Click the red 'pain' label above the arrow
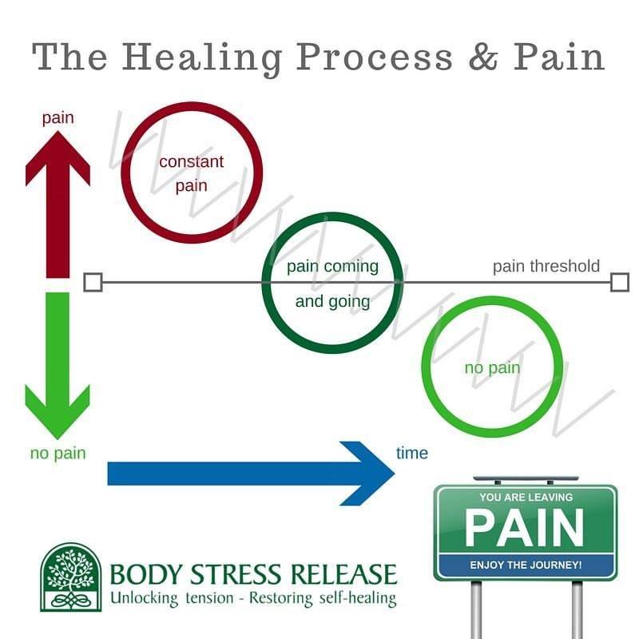coord(58,118)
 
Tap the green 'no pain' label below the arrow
coord(58,454)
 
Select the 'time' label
coord(412,454)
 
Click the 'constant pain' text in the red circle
coord(192,173)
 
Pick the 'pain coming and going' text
coord(332,284)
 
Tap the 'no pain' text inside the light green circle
coord(492,368)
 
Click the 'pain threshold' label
coord(546,266)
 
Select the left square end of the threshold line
coord(93,282)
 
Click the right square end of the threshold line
coord(620,282)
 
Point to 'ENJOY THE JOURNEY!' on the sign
coord(525,566)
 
